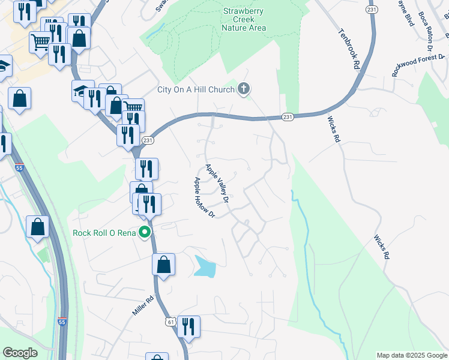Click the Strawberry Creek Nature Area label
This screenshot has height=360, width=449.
pos(244,19)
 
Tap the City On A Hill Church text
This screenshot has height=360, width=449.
pos(195,90)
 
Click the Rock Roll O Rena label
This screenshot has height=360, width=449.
pos(104,233)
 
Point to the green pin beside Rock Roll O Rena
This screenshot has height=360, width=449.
pos(145,232)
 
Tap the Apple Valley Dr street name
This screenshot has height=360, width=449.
pos(217,182)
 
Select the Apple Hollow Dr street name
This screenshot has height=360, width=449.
pos(203,197)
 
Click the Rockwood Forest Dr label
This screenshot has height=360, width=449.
pos(418,65)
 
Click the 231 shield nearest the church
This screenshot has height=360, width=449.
pos(288,117)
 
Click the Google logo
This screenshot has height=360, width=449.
pos(19,353)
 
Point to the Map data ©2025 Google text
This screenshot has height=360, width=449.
pos(412,355)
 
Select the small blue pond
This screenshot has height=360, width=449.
pos(205,266)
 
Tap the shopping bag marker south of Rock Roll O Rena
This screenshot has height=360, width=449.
pos(163,265)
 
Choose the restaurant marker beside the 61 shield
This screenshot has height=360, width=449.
pos(188,327)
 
